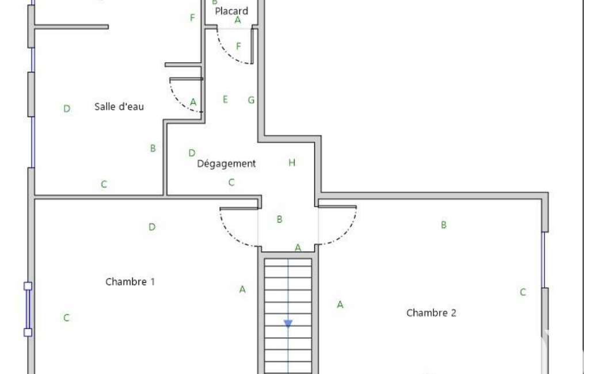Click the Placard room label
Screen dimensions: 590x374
[231, 11]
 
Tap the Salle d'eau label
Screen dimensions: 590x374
[119, 106]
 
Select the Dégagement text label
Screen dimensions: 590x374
[226, 163]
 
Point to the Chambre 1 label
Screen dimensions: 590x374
[130, 281]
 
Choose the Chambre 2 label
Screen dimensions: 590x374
[431, 312]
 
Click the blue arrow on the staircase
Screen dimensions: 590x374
[288, 323]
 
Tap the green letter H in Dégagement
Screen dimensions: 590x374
[292, 162]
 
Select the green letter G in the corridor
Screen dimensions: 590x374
[251, 100]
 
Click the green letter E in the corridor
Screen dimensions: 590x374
[225, 100]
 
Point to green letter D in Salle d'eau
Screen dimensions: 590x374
[67, 109]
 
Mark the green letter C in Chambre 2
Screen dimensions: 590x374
[523, 292]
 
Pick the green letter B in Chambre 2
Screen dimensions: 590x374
[444, 225]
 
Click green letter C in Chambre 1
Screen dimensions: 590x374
[66, 318]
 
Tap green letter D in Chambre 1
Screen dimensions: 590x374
[151, 227]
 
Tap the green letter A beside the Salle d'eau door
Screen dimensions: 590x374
[193, 102]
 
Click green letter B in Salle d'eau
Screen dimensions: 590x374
[153, 148]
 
